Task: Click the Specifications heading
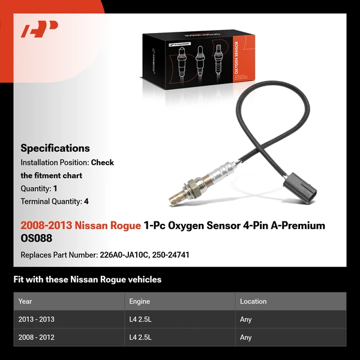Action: [55, 148]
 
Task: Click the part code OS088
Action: [36, 239]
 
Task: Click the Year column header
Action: [25, 301]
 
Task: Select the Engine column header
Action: [140, 301]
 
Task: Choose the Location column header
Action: [253, 301]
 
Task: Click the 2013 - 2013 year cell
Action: [36, 319]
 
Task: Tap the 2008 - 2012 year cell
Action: [36, 337]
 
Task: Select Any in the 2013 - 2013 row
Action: [246, 319]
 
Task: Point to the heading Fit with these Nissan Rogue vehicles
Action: [88, 280]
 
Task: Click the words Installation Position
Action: [54, 163]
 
